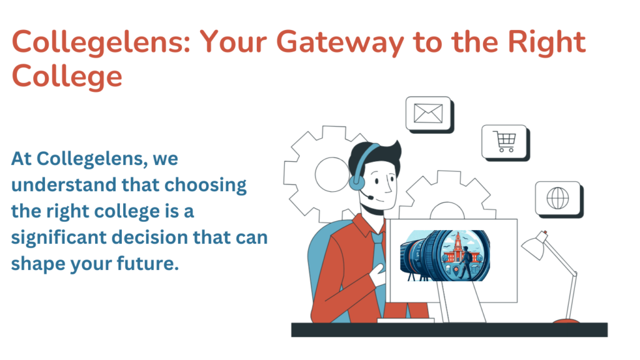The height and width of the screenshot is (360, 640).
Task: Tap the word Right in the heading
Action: click(x=546, y=42)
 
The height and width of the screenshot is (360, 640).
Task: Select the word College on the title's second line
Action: click(x=67, y=77)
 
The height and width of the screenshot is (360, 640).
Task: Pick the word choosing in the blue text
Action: click(x=205, y=186)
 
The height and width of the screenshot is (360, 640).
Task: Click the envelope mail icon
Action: click(x=428, y=113)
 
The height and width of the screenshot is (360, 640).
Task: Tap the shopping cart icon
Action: click(x=505, y=141)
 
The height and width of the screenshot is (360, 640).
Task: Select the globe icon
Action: click(x=557, y=198)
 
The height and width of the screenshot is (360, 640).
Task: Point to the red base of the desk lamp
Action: click(x=566, y=321)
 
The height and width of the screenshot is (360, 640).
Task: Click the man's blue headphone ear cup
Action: click(x=356, y=182)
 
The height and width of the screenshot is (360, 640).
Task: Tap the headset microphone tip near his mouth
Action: click(x=370, y=197)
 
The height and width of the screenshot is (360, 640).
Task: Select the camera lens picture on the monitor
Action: click(x=445, y=256)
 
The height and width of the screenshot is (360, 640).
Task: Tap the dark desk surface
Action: click(x=449, y=330)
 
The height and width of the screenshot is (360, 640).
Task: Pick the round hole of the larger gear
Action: click(x=332, y=175)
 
